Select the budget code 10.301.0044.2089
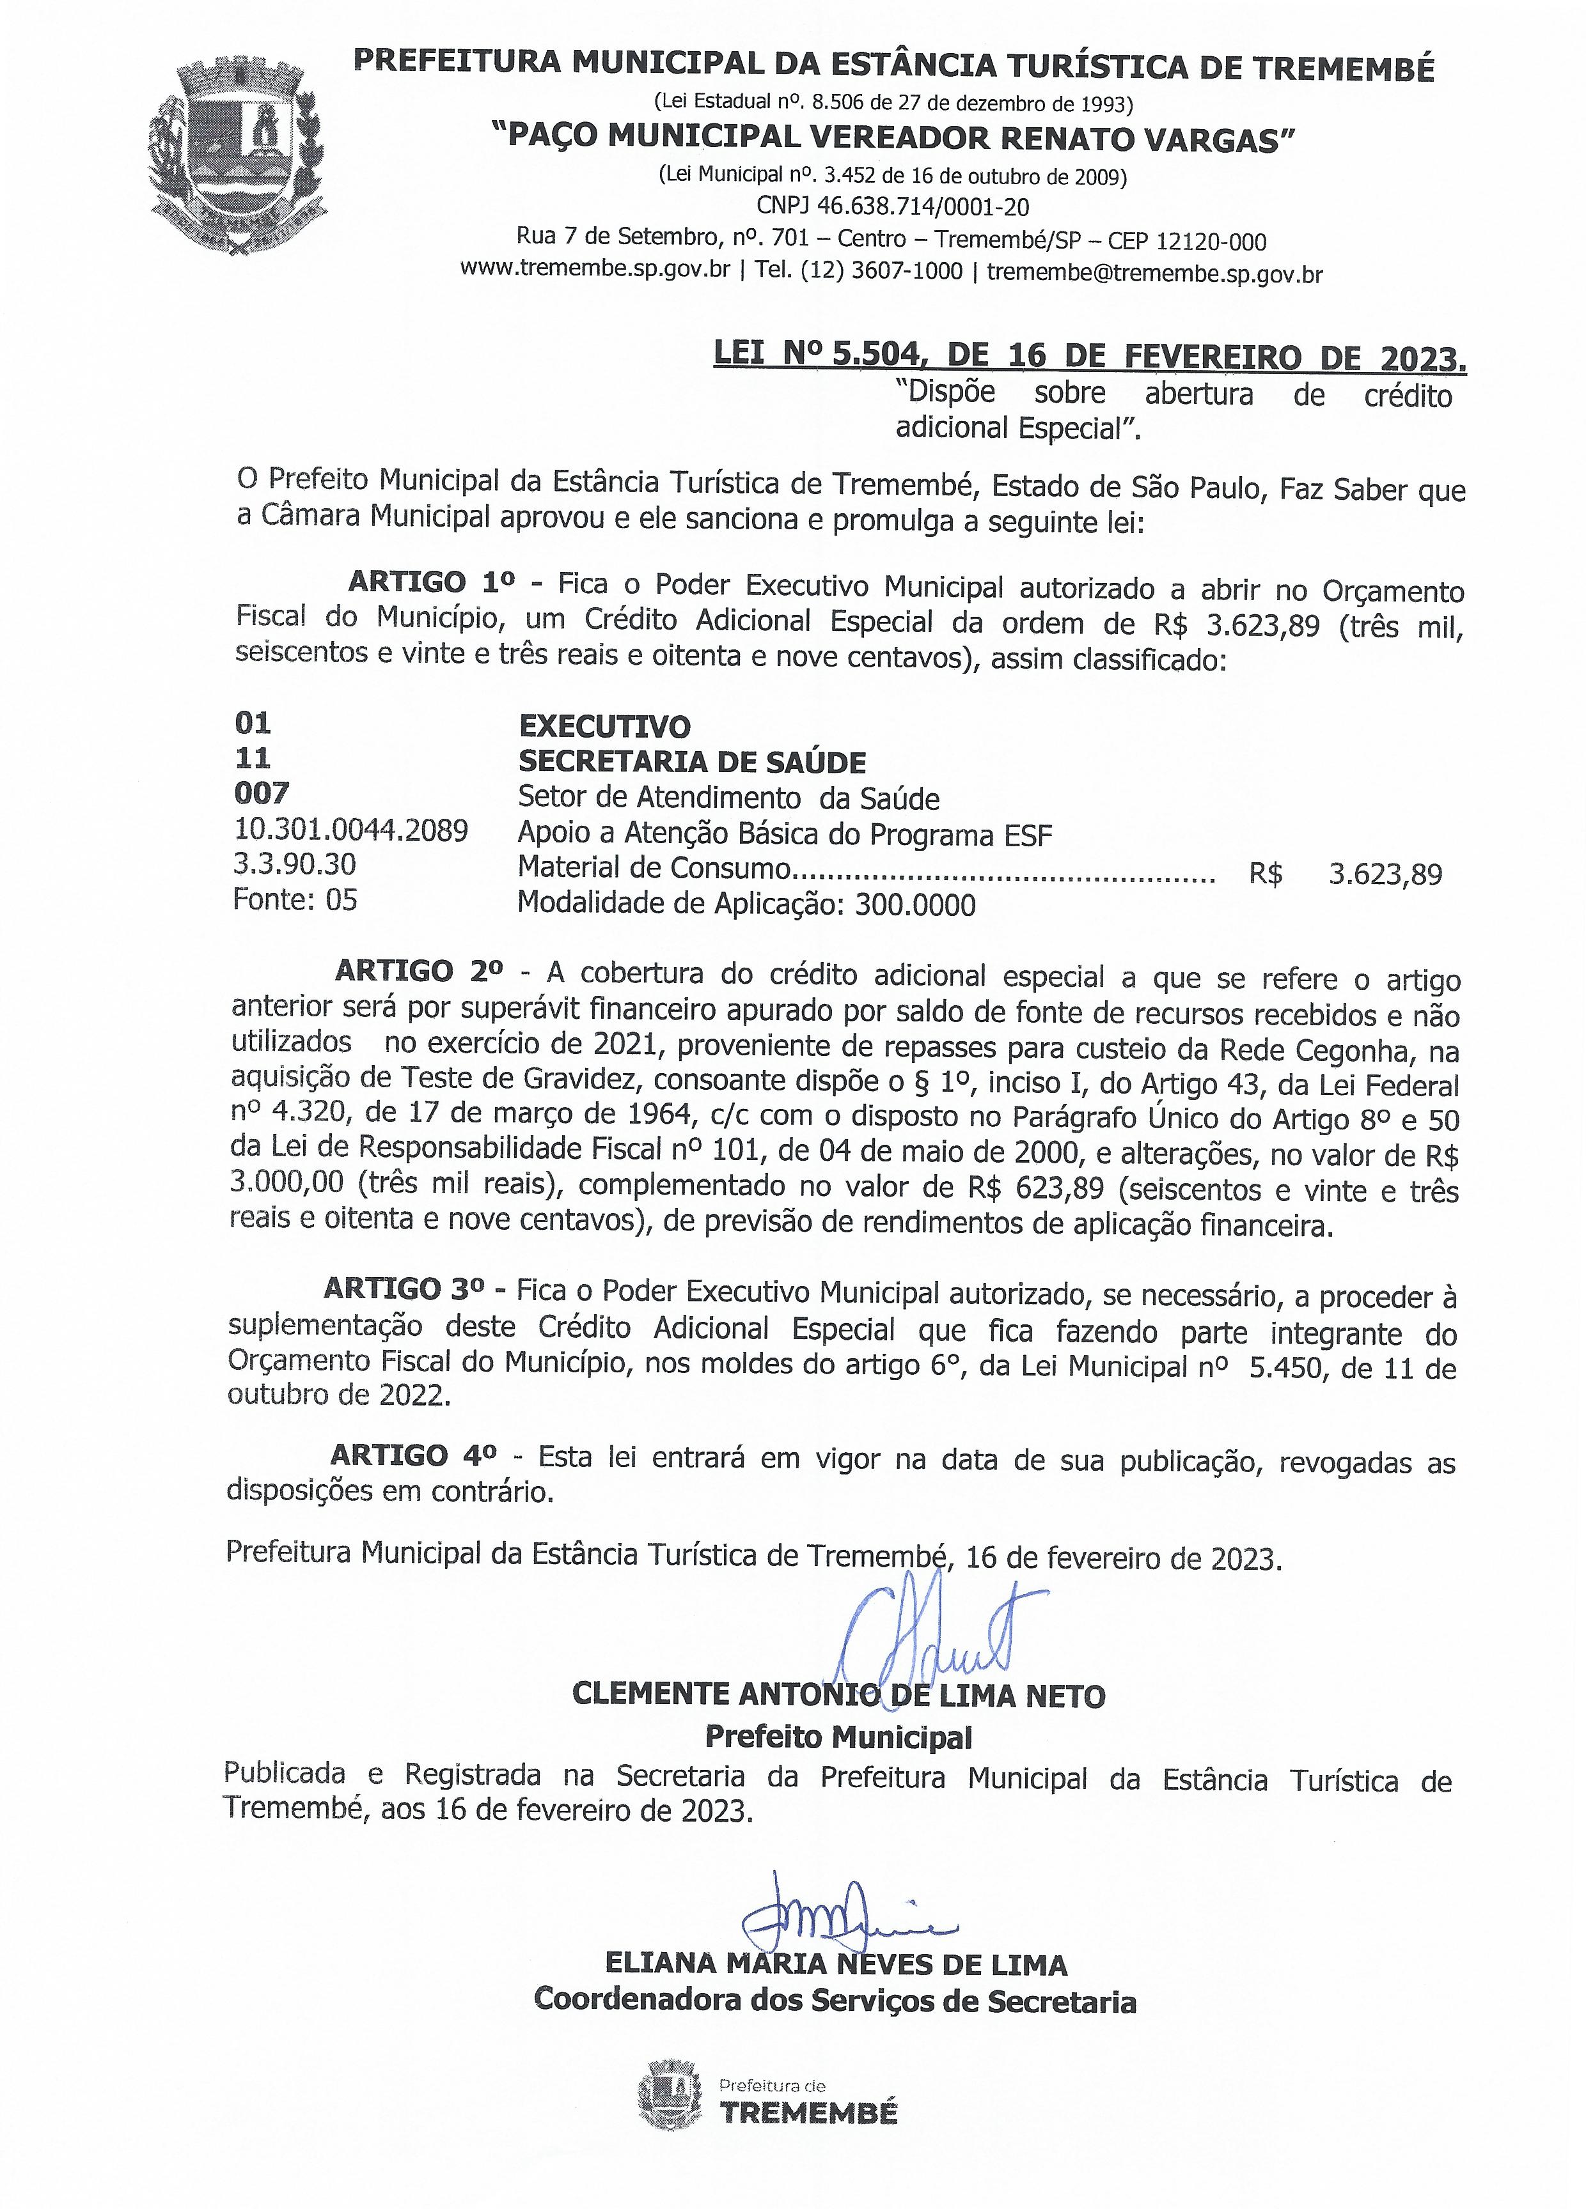coord(350,830)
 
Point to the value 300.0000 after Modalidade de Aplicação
coord(915,905)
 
